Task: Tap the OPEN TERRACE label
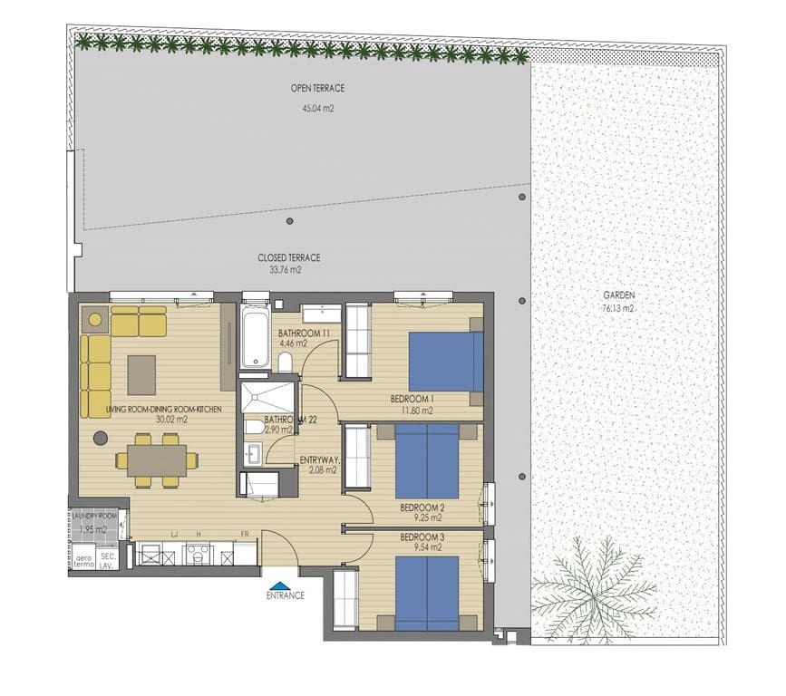(317, 88)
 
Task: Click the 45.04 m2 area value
(317, 108)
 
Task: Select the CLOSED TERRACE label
(288, 257)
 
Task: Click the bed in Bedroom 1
(445, 362)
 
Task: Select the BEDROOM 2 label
(423, 507)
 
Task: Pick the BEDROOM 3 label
(423, 537)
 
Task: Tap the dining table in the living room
(156, 459)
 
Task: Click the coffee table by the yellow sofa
(141, 374)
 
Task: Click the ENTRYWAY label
(318, 459)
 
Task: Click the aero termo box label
(83, 560)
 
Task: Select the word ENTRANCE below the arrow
(285, 595)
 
